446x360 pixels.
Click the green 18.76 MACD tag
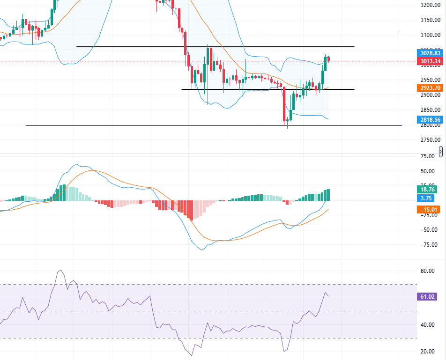pos(428,190)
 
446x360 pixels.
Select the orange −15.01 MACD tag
pos(428,210)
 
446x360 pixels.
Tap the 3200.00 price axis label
pos(430,5)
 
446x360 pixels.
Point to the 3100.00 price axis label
pos(430,35)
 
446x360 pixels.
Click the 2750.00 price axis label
pos(430,140)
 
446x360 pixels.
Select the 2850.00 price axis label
pos(430,110)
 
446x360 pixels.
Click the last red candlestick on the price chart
pos(329,59)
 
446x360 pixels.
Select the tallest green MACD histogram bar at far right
pos(328,195)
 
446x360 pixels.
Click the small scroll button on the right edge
pos(441,151)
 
